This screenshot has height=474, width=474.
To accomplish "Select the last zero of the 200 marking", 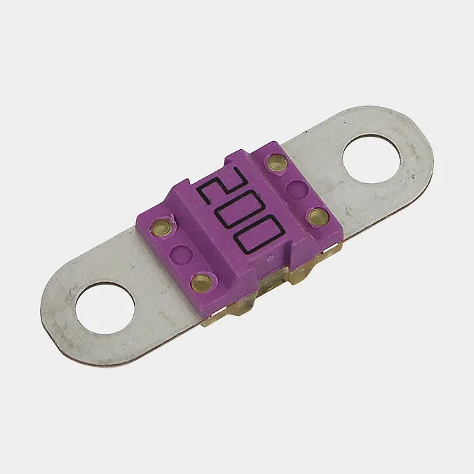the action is click(260, 234).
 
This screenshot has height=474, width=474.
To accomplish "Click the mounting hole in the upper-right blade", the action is click(371, 160).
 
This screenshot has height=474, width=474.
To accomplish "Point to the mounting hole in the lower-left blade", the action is click(106, 307).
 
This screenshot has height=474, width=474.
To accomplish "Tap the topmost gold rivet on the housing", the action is click(276, 162).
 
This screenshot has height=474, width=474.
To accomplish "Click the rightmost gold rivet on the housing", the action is click(317, 216).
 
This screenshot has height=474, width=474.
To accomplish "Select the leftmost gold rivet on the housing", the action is click(161, 227).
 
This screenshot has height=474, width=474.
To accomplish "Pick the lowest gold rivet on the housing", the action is click(202, 281).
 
